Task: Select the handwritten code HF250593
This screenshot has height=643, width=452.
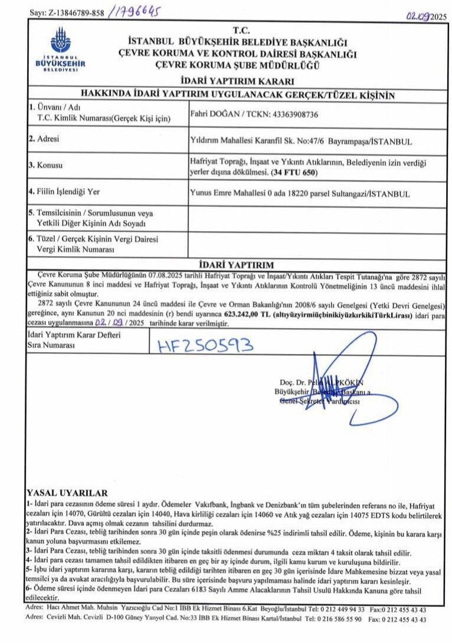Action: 205,345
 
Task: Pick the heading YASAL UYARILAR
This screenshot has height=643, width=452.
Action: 67,493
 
